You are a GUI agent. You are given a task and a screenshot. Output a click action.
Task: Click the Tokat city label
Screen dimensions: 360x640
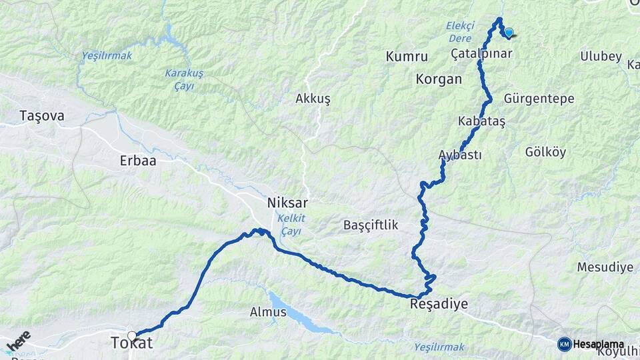(132, 343)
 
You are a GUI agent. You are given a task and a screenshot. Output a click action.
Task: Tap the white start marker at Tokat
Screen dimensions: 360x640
(132, 335)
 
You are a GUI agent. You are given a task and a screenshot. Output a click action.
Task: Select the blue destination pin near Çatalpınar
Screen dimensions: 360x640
(509, 32)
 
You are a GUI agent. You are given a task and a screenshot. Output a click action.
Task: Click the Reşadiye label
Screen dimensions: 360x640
(439, 304)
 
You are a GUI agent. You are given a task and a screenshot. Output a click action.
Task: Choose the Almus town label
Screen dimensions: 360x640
(268, 311)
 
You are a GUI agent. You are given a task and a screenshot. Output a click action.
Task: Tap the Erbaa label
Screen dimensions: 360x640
(137, 161)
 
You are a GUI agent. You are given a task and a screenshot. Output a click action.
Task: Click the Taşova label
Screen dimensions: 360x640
(42, 116)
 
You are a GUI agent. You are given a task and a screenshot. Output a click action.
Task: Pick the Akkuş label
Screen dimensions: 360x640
(313, 99)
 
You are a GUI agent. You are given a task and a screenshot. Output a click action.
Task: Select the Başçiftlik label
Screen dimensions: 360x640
(371, 225)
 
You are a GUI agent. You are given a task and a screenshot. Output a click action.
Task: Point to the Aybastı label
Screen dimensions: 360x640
(460, 155)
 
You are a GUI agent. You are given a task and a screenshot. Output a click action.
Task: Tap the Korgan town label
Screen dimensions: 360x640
(439, 79)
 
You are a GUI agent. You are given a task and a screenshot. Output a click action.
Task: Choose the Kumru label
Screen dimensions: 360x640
(407, 57)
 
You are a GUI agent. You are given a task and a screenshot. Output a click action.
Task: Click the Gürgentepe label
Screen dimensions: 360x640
(539, 99)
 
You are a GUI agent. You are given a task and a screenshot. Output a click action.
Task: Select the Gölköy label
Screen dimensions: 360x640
(545, 152)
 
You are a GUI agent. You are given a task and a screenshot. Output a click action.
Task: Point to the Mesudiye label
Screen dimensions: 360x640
(605, 267)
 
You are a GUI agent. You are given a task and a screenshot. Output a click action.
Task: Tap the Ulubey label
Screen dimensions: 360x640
(601, 57)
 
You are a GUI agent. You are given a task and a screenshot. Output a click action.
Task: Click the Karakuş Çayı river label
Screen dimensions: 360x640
(184, 78)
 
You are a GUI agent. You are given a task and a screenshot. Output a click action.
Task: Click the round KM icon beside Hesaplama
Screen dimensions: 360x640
(564, 344)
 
